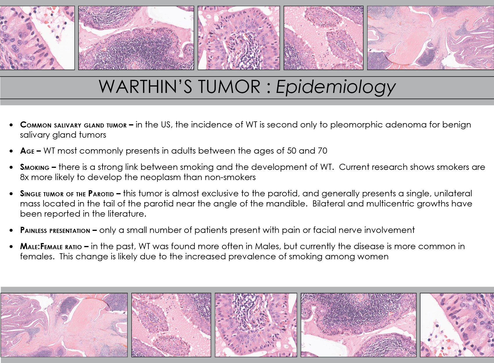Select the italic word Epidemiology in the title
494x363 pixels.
(x=336, y=87)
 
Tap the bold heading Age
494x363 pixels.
(x=27, y=151)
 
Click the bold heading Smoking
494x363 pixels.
(x=35, y=167)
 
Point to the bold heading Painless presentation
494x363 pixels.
(x=55, y=230)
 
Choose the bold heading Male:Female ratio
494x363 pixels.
(x=51, y=247)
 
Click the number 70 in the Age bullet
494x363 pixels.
(x=323, y=151)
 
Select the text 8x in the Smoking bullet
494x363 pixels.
(x=24, y=177)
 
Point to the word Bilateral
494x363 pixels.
(x=329, y=204)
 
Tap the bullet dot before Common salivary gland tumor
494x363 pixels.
(x=11, y=125)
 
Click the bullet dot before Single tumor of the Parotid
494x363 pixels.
(x=11, y=194)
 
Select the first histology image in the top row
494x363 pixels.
(x=37, y=38)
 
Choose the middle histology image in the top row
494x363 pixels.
(x=239, y=38)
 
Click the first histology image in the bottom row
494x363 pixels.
(x=64, y=325)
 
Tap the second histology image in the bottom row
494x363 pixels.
(x=171, y=325)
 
